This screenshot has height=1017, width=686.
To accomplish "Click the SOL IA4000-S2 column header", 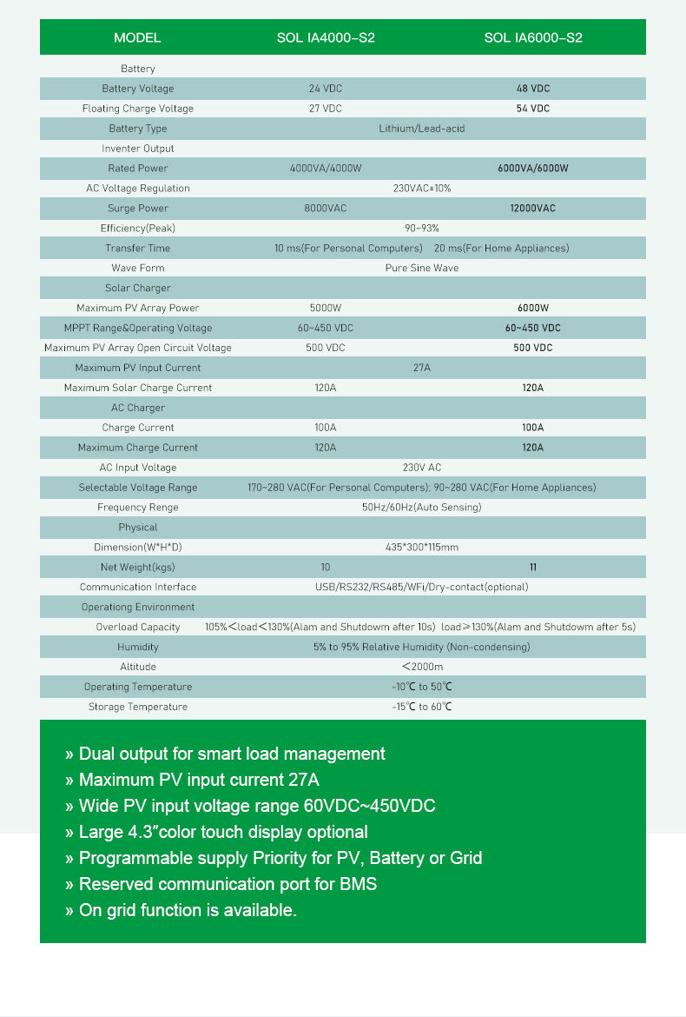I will click(x=326, y=37).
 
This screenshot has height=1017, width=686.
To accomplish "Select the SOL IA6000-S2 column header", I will click(x=533, y=37).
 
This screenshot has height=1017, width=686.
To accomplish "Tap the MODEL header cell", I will click(x=137, y=37).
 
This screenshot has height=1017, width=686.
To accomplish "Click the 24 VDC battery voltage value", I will click(x=326, y=89).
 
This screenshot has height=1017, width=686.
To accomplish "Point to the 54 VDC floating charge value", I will click(x=533, y=109).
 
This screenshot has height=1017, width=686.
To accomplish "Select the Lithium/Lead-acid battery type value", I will click(x=422, y=129).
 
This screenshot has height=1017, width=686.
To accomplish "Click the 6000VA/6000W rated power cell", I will click(x=533, y=169).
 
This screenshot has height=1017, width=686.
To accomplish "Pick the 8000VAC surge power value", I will click(x=326, y=209).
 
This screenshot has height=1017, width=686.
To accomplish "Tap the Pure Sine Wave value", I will click(x=422, y=269).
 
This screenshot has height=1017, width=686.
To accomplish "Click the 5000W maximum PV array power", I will click(x=326, y=309).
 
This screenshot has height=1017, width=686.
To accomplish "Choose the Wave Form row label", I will click(x=137, y=269).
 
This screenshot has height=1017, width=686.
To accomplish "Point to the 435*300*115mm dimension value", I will click(x=422, y=548).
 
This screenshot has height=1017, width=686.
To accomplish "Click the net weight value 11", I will click(x=533, y=568).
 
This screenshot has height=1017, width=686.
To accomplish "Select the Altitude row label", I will click(x=137, y=667).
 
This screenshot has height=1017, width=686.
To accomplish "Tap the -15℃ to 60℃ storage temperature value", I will click(x=422, y=707).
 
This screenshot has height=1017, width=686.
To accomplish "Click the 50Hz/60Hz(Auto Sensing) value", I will click(x=422, y=508).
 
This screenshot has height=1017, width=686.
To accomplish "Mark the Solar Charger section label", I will click(x=137, y=289).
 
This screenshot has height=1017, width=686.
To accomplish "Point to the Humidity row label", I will click(x=137, y=648).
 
